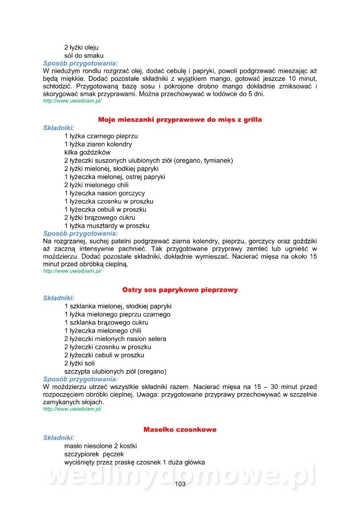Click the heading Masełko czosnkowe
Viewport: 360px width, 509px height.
click(x=180, y=430)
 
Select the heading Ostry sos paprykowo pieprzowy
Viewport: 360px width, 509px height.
click(x=180, y=290)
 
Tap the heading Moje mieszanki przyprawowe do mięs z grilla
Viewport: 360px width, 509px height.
click(x=180, y=120)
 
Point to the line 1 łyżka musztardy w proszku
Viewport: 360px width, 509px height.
click(x=107, y=226)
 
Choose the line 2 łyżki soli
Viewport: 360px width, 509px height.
click(x=80, y=364)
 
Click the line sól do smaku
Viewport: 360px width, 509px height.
click(x=84, y=56)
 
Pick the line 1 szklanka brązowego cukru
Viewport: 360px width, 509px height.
click(x=107, y=323)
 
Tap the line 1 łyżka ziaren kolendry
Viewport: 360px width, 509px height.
click(x=98, y=144)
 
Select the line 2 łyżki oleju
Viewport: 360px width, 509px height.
click(x=82, y=48)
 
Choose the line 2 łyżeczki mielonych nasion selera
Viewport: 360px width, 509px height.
click(x=115, y=339)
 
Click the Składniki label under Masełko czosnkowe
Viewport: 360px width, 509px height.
click(x=59, y=438)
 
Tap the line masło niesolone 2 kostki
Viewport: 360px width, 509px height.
click(x=101, y=446)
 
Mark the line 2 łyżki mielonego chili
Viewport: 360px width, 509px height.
click(x=97, y=185)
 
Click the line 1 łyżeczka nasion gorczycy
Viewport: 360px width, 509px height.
click(x=105, y=193)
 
